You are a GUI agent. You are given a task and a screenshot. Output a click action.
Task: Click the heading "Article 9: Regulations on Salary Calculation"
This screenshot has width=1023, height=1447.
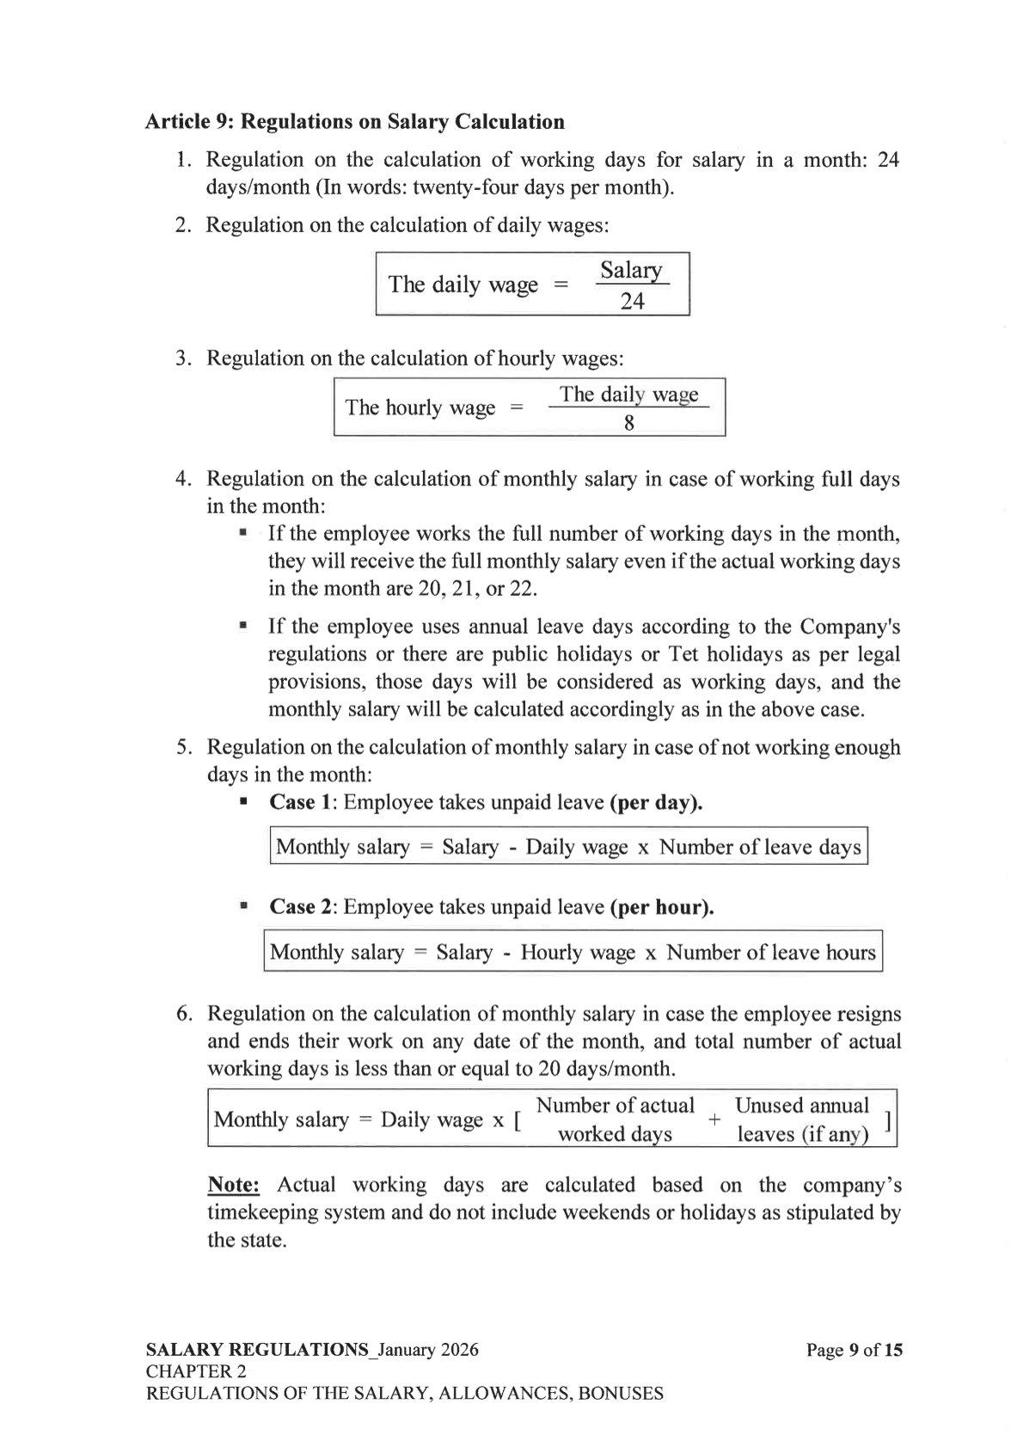pos(354,122)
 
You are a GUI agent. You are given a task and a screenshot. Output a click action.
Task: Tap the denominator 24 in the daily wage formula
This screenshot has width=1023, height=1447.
pos(632,302)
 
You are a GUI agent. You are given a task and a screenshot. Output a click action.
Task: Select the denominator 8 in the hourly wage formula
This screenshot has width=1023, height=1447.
pos(629,423)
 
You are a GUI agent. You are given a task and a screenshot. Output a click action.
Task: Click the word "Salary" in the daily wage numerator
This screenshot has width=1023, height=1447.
pos(631,271)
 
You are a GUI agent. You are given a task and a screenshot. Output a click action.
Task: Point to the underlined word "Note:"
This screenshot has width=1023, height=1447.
pos(234,1185)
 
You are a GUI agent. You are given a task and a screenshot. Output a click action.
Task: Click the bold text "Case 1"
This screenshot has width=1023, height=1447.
pos(300,802)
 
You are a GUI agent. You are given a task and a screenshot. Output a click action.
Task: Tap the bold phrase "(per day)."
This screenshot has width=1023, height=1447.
pos(656,802)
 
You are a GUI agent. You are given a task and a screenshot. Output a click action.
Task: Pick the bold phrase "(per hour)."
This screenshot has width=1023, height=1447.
pos(662,907)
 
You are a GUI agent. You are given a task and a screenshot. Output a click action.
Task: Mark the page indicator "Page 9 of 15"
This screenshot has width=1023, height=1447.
pos(854,1350)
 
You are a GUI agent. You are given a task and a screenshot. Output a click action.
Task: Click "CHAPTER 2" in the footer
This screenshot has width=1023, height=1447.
pos(196,1371)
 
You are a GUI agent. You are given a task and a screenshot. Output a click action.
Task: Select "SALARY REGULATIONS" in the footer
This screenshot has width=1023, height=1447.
pos(256,1350)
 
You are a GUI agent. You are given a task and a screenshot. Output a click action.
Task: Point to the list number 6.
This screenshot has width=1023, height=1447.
pos(184,1014)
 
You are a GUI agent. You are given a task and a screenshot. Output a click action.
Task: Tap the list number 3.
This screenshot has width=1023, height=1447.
pos(183,358)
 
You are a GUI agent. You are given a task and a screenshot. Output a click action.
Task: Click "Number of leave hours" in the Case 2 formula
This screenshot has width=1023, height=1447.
pos(771,953)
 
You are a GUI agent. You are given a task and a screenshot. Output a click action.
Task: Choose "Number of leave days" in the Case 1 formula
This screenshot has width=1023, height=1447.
pos(760,848)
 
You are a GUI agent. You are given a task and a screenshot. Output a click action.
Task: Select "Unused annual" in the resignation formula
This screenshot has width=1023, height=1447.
pos(801,1106)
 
